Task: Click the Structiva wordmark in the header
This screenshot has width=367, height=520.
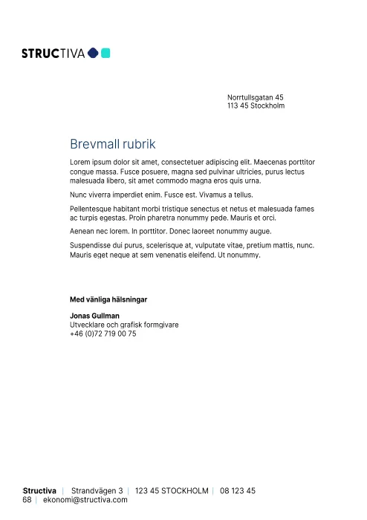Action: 53,53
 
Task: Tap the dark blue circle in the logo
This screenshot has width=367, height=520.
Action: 93,53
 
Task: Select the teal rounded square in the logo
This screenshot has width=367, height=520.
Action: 105,53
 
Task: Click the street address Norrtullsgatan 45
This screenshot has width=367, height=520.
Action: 255,97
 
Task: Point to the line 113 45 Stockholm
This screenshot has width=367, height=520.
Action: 256,106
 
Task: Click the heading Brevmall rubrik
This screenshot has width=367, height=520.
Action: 113,143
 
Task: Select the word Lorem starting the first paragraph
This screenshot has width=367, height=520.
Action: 79,161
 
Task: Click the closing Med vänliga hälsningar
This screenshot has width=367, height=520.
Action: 108,299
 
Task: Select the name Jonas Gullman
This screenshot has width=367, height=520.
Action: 94,316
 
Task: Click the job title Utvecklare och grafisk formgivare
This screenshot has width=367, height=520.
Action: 124,325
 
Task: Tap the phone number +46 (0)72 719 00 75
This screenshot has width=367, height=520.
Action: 103,334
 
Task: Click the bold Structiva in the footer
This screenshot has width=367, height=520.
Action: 39,491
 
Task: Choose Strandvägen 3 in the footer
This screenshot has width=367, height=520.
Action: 97,491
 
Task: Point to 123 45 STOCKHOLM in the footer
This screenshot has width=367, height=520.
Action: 172,491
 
